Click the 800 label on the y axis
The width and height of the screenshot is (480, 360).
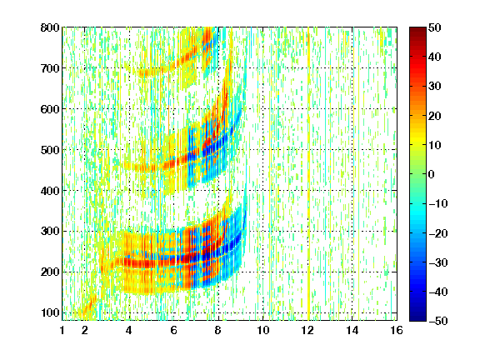click(50, 27)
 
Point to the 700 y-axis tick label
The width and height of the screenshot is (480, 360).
click(50, 68)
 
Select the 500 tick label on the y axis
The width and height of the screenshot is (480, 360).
click(50, 150)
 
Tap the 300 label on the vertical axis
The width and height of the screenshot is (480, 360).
click(50, 231)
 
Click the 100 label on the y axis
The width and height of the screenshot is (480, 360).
click(50, 312)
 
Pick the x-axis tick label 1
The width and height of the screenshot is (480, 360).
click(62, 330)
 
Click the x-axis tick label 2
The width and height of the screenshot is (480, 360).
click(85, 330)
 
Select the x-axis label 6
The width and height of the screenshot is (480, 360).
click(174, 330)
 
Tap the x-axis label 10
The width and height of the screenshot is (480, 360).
click(263, 330)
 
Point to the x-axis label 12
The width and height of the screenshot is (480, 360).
click(307, 330)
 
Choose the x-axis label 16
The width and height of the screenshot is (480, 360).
click(397, 330)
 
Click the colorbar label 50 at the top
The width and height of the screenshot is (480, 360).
click(435, 27)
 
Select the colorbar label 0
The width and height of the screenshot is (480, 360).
click(432, 174)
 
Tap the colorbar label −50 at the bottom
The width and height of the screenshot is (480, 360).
click(438, 321)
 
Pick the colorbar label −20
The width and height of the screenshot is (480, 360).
click(438, 233)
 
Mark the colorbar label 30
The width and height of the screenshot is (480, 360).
click(435, 87)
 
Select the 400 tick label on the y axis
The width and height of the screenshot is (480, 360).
click(50, 191)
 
